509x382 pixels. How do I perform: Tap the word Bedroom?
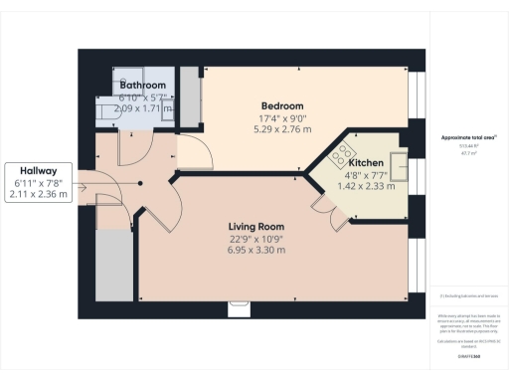(x=282, y=106)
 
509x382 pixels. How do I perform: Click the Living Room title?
(x=257, y=227)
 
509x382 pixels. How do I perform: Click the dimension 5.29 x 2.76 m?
(x=282, y=129)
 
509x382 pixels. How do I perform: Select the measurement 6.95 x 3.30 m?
(x=257, y=250)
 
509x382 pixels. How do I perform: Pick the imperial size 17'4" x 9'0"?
(x=282, y=118)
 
